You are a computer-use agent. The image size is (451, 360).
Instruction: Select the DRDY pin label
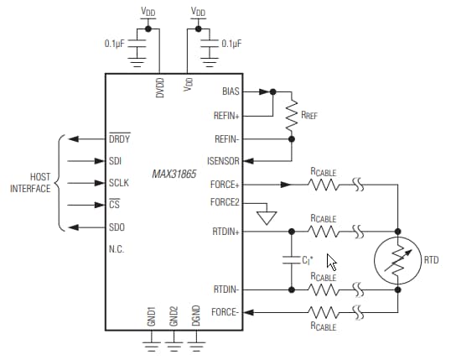[120, 139]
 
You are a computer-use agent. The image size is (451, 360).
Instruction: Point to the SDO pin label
[117, 227]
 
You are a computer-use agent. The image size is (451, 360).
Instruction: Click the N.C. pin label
[117, 248]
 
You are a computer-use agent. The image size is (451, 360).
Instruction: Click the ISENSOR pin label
[224, 160]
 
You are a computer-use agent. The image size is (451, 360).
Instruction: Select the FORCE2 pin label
[225, 202]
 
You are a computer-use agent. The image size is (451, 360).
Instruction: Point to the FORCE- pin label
[226, 312]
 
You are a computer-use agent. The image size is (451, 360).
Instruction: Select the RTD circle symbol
[397, 260]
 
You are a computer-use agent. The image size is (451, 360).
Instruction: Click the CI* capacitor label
[308, 260]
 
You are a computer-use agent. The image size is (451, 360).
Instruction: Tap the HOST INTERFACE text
[29, 183]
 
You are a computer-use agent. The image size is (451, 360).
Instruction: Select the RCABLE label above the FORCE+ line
[323, 172]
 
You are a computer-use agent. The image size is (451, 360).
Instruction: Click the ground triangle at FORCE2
[267, 217]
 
